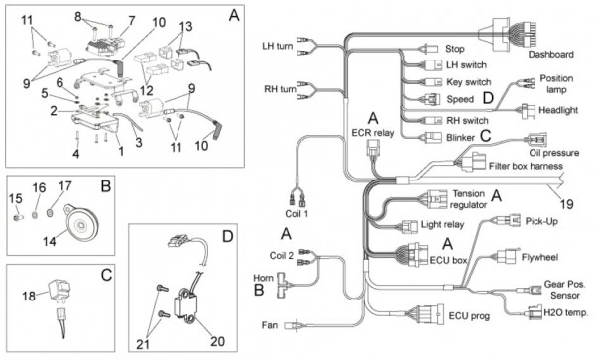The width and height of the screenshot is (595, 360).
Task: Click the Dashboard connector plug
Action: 509,34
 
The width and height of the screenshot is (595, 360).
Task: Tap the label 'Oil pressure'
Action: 554,153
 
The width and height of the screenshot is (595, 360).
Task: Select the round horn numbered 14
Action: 80,223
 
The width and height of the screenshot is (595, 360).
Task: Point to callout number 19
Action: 566,205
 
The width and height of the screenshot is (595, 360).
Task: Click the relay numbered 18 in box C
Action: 59,290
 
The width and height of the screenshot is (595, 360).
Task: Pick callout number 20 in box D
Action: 217,341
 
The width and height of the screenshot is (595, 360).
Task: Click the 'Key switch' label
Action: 469,82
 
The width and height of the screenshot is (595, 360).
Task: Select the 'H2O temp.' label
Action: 566,313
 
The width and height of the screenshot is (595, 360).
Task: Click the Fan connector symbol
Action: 293,325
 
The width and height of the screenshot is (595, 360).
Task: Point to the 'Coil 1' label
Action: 297,213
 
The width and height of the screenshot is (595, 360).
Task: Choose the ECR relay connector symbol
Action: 372,148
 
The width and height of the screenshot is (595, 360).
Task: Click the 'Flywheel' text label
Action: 539,257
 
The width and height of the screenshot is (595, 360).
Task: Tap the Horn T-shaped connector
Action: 283,284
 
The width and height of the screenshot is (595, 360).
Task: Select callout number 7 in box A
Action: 131,20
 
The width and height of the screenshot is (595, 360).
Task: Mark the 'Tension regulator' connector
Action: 437,199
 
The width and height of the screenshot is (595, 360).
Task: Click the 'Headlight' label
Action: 558,110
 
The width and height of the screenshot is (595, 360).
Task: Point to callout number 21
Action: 143,344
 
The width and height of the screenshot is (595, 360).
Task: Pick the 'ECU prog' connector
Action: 431,314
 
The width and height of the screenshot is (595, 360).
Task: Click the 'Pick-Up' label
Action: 541,221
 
